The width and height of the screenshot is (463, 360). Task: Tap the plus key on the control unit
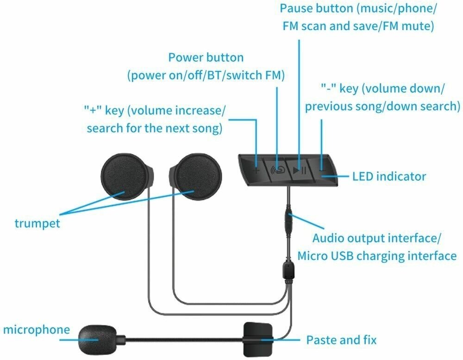tap(257, 169)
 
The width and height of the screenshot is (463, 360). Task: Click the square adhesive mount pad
tap(258, 336)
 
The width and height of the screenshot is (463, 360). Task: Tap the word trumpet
tap(37, 223)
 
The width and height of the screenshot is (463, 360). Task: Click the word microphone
tap(36, 330)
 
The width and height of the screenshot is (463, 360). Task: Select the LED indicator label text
tap(389, 177)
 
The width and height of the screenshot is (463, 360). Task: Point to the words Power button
tap(206, 58)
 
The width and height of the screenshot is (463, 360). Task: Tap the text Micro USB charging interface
tap(377, 256)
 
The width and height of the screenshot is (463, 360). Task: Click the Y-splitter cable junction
tap(288, 270)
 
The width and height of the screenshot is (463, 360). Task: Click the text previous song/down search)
tap(382, 107)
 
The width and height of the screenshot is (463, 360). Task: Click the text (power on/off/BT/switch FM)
tap(206, 76)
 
